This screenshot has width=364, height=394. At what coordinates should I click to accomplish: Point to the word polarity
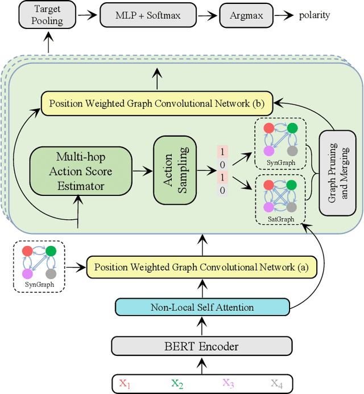click(x=314, y=15)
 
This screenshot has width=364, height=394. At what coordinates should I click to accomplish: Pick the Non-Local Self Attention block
click(x=201, y=307)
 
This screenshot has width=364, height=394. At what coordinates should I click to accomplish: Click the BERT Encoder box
click(x=201, y=346)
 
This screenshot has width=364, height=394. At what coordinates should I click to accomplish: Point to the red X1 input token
click(x=125, y=383)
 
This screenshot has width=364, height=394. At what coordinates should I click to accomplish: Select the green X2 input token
click(x=177, y=383)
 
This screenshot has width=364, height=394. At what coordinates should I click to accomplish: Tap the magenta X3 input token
click(x=227, y=383)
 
